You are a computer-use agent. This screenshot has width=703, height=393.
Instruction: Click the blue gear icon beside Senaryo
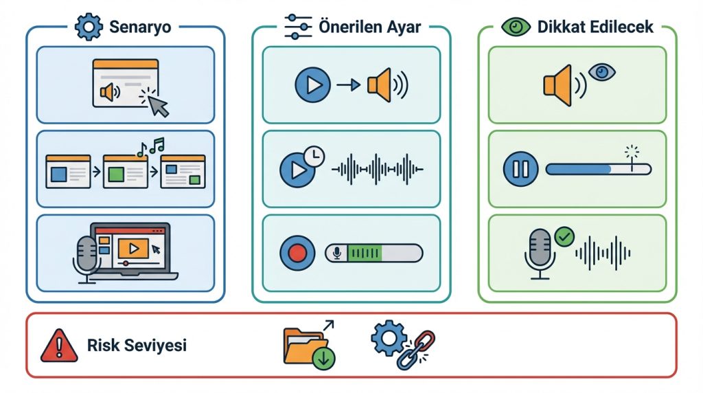[88, 27]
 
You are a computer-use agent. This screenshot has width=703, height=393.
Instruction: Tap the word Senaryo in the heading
[140, 27]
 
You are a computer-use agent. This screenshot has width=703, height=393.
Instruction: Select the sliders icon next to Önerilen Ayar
[299, 27]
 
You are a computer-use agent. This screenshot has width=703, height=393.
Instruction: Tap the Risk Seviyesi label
[137, 345]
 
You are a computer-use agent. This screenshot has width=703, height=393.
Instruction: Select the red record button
[297, 254]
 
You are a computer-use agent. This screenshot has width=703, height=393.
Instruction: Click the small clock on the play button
[313, 156]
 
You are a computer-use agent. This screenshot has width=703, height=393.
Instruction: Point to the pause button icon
[520, 168]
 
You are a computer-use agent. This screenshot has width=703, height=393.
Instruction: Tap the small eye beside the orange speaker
[602, 72]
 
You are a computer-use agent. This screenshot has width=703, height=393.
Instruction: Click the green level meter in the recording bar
[364, 254]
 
